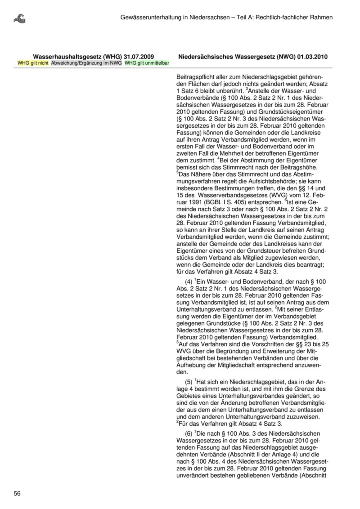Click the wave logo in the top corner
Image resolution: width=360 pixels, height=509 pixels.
point(19,18)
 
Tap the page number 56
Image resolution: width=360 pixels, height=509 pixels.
point(18,493)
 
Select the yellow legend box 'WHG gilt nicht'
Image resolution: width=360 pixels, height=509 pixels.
point(33,63)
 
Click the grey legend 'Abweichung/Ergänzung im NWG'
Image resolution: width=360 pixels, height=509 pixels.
point(86,63)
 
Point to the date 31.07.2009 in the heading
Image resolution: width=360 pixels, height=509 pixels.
point(139,57)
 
